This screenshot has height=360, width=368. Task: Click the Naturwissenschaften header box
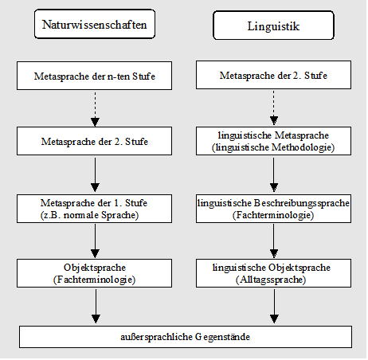[x=95, y=24]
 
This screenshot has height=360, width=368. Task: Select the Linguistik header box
[x=273, y=25]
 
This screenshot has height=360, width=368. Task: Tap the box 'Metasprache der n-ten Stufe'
[x=94, y=76]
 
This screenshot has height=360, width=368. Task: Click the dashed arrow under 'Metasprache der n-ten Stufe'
[x=95, y=109]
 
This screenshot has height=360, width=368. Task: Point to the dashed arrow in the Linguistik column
[x=274, y=108]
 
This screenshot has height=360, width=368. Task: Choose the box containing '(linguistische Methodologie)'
[x=273, y=141]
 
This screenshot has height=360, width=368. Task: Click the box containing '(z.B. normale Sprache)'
[x=94, y=209]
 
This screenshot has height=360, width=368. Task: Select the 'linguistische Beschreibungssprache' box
[x=273, y=209]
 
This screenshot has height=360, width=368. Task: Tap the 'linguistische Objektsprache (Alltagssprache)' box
[x=273, y=273]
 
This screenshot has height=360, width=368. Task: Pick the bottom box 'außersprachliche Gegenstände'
[x=186, y=337]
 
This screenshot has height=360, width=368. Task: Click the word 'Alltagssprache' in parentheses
[x=271, y=280]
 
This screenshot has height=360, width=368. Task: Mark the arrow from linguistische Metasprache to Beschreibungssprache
[x=274, y=174]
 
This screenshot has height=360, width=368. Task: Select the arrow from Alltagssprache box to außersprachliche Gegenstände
[x=274, y=306]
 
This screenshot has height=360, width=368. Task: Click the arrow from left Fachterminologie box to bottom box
[x=96, y=306]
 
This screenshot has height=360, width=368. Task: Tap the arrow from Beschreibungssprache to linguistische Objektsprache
[x=274, y=241]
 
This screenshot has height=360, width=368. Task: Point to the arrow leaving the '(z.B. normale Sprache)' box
[x=95, y=241]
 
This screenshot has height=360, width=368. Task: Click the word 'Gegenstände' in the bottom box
[x=222, y=337]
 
